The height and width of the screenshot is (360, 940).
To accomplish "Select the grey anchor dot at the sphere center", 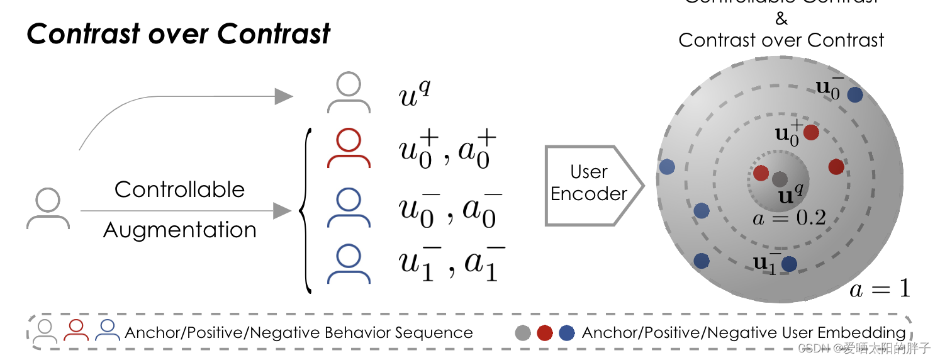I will [x=780, y=179].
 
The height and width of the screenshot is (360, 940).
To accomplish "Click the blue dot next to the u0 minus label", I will [x=854, y=95].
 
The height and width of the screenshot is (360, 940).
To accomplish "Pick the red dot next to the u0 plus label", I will [x=811, y=132].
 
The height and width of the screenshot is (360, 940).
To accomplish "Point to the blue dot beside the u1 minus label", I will [x=789, y=264].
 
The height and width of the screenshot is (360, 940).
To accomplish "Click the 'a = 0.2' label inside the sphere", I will [x=789, y=218].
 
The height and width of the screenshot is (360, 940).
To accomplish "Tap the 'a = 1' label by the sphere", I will [x=880, y=289].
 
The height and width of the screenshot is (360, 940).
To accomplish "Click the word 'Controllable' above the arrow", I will [x=179, y=189].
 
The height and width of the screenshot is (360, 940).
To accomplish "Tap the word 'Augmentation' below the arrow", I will [x=179, y=230].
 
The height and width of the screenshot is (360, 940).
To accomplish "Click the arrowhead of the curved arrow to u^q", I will [x=284, y=96].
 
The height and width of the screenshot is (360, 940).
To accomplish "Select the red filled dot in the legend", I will [x=545, y=333].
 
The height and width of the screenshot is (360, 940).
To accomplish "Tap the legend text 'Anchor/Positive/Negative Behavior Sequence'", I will [x=298, y=333].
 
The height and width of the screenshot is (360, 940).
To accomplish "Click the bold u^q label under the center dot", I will [x=790, y=195].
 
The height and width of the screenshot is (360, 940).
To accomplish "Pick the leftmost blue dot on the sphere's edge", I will [x=667, y=167].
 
